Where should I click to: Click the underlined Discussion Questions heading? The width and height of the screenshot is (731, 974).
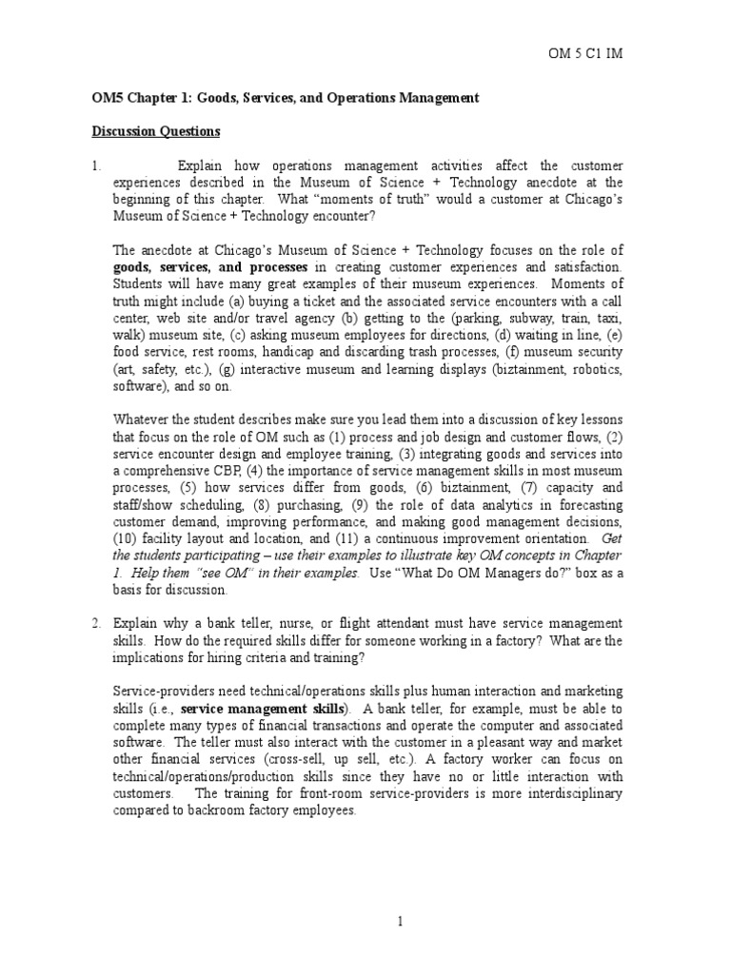click(155, 131)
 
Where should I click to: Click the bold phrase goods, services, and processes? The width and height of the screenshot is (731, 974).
click(210, 267)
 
